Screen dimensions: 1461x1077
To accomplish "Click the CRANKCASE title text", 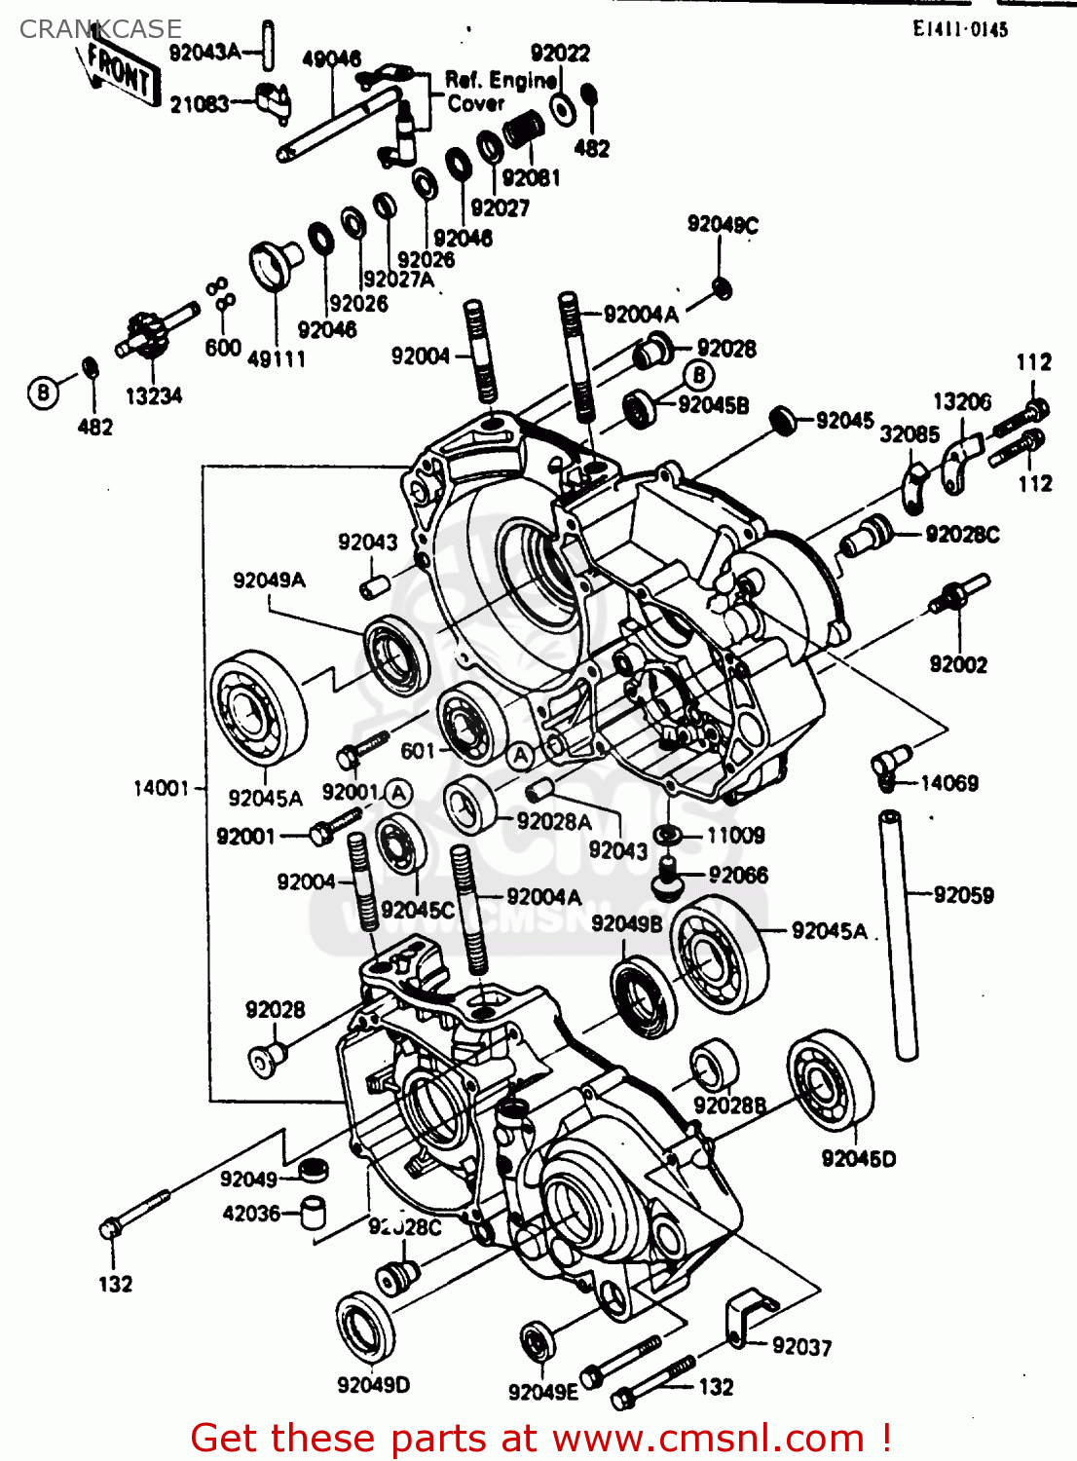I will tap(100, 29).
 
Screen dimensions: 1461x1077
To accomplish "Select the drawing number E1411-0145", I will tap(959, 29).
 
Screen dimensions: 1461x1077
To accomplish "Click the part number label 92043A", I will tap(204, 53).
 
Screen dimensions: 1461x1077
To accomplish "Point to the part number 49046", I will tap(331, 59).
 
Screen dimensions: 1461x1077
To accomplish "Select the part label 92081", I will tap(531, 178).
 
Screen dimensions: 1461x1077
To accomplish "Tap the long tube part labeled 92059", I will tap(898, 935).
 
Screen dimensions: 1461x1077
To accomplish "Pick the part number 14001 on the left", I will tap(161, 788).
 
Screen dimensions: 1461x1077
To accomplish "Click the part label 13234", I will tap(154, 396).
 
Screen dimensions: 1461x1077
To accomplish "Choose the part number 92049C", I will tap(723, 225).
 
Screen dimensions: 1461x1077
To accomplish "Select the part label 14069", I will tap(949, 783).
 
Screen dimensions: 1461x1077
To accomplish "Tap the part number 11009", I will tap(735, 836).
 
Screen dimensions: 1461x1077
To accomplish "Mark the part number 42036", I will tap(251, 1214).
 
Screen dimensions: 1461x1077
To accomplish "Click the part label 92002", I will tap(958, 664).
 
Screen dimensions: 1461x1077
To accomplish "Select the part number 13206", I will tap(962, 401).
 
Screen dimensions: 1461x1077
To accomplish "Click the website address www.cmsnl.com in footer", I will tap(708, 1438).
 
